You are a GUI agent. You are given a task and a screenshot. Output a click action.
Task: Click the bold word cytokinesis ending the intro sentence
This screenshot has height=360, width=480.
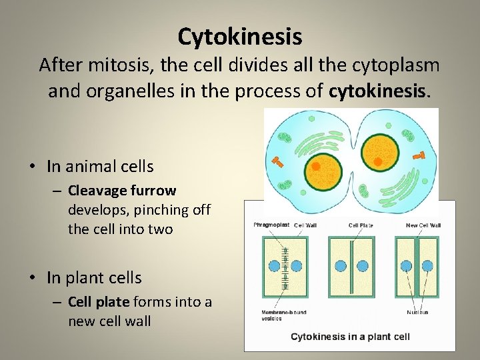[x=379, y=91]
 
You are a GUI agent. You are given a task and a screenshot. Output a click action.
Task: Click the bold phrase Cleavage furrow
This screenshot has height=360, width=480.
[x=122, y=191]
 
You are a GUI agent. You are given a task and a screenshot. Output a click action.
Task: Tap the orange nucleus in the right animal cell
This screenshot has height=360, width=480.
[x=378, y=161]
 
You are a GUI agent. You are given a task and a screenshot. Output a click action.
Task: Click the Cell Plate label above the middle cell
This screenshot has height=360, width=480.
[x=361, y=225]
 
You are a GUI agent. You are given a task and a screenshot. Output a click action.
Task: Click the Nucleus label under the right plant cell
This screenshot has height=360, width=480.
[x=417, y=311]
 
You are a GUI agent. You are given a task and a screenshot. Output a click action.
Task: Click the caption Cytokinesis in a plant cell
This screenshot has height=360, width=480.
[x=350, y=337]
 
